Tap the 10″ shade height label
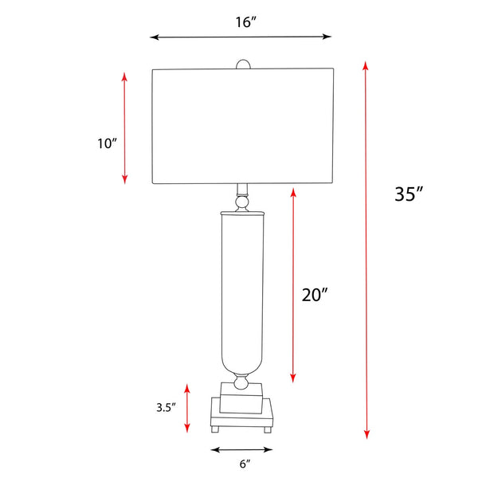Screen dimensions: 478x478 (107, 143)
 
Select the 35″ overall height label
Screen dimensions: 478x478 (408, 194)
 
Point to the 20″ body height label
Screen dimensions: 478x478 (315, 294)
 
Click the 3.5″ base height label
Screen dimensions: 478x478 (165, 407)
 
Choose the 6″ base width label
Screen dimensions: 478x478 (243, 463)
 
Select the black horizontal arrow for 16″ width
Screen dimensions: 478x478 (241, 37)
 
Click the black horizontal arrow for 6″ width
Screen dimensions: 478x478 (241, 450)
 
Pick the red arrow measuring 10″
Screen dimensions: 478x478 (124, 127)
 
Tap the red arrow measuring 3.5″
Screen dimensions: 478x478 (187, 408)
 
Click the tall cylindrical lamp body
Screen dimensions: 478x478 (241, 287)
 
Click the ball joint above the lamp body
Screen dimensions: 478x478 (241, 204)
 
